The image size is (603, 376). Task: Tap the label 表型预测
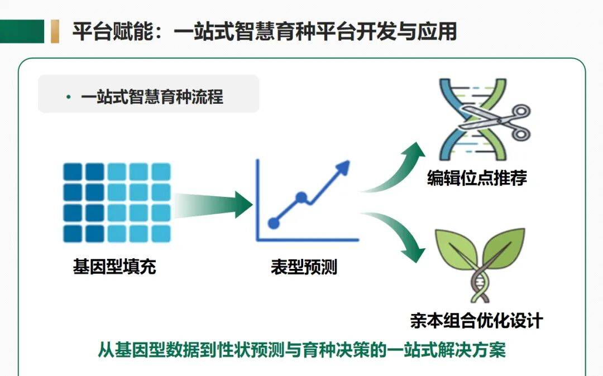[x=304, y=267]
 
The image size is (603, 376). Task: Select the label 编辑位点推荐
[x=477, y=178]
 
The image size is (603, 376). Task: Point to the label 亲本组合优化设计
[x=477, y=321]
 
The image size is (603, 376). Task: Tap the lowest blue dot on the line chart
[x=274, y=223]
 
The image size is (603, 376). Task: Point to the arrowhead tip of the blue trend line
[x=349, y=161]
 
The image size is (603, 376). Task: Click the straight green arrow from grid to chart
[x=213, y=205]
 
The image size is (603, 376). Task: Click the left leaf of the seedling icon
[x=456, y=249]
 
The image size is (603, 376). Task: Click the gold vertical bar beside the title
[x=55, y=31]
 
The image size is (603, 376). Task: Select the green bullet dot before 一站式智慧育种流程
[x=69, y=97]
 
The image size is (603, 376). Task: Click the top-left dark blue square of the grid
[x=73, y=172]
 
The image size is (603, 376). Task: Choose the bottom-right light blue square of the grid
[x=161, y=234]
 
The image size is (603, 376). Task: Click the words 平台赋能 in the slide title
[x=113, y=31]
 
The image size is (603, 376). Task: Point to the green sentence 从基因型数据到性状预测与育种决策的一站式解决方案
[x=302, y=349]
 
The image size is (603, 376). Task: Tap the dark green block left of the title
[x=22, y=31]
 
